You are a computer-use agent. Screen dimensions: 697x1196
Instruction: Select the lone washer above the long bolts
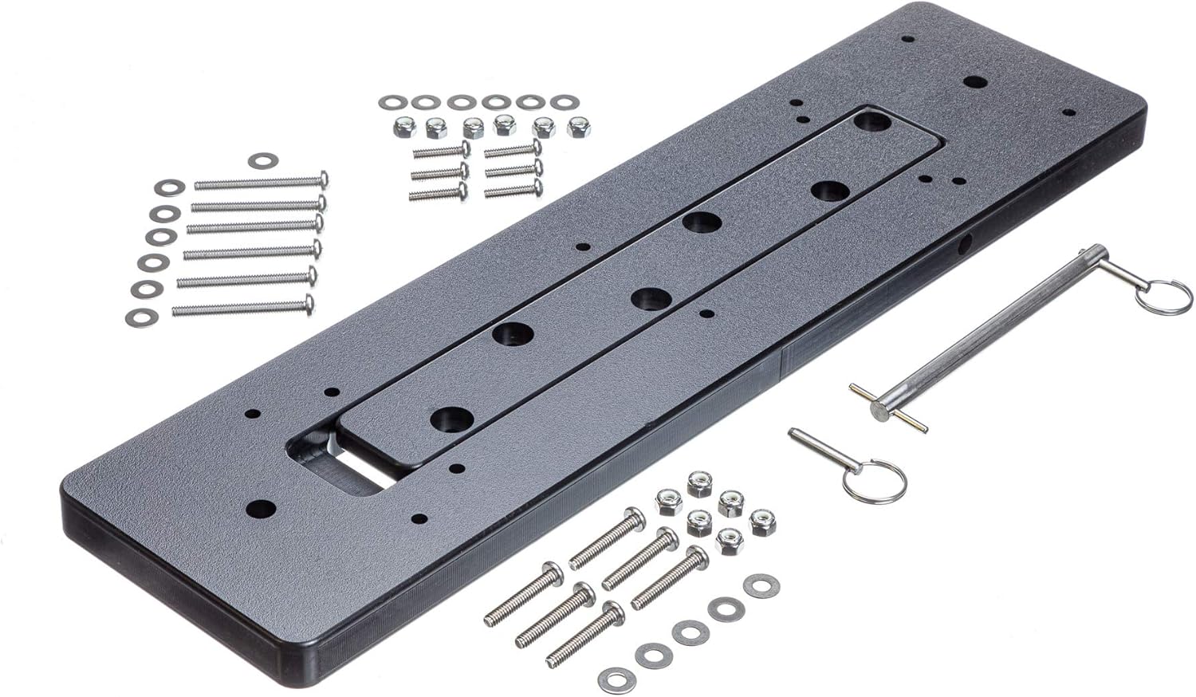(260, 161)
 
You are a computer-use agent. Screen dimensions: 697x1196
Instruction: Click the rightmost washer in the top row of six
(565, 102)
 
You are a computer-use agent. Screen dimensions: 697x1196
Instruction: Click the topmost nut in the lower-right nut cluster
(699, 481)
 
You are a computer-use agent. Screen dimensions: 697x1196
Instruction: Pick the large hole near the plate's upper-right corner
(973, 81)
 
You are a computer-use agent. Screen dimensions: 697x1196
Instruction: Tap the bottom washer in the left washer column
(142, 317)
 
